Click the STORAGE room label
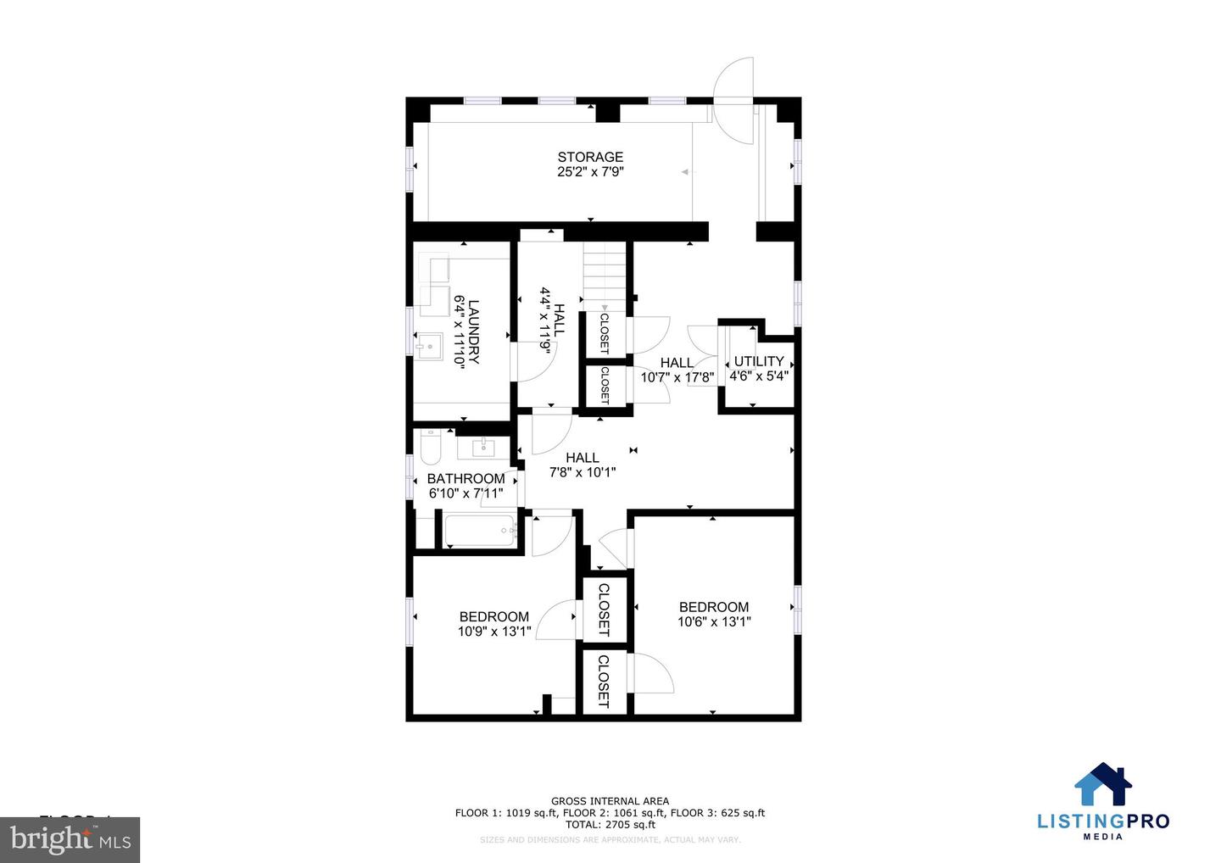tap(590, 157)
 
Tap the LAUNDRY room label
tap(474, 331)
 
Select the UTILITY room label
tap(759, 361)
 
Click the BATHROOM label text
tap(466, 479)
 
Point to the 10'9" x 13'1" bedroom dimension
tap(494, 632)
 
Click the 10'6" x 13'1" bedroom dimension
tap(714, 621)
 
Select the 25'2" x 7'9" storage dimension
tap(590, 172)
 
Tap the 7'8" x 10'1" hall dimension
tap(583, 472)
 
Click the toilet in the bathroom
tap(431, 447)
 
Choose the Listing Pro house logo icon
tap(1103, 784)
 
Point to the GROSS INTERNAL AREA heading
tap(610, 801)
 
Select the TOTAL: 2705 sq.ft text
tap(610, 824)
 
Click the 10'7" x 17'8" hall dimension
tap(677, 378)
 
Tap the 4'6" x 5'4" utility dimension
tap(759, 376)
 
